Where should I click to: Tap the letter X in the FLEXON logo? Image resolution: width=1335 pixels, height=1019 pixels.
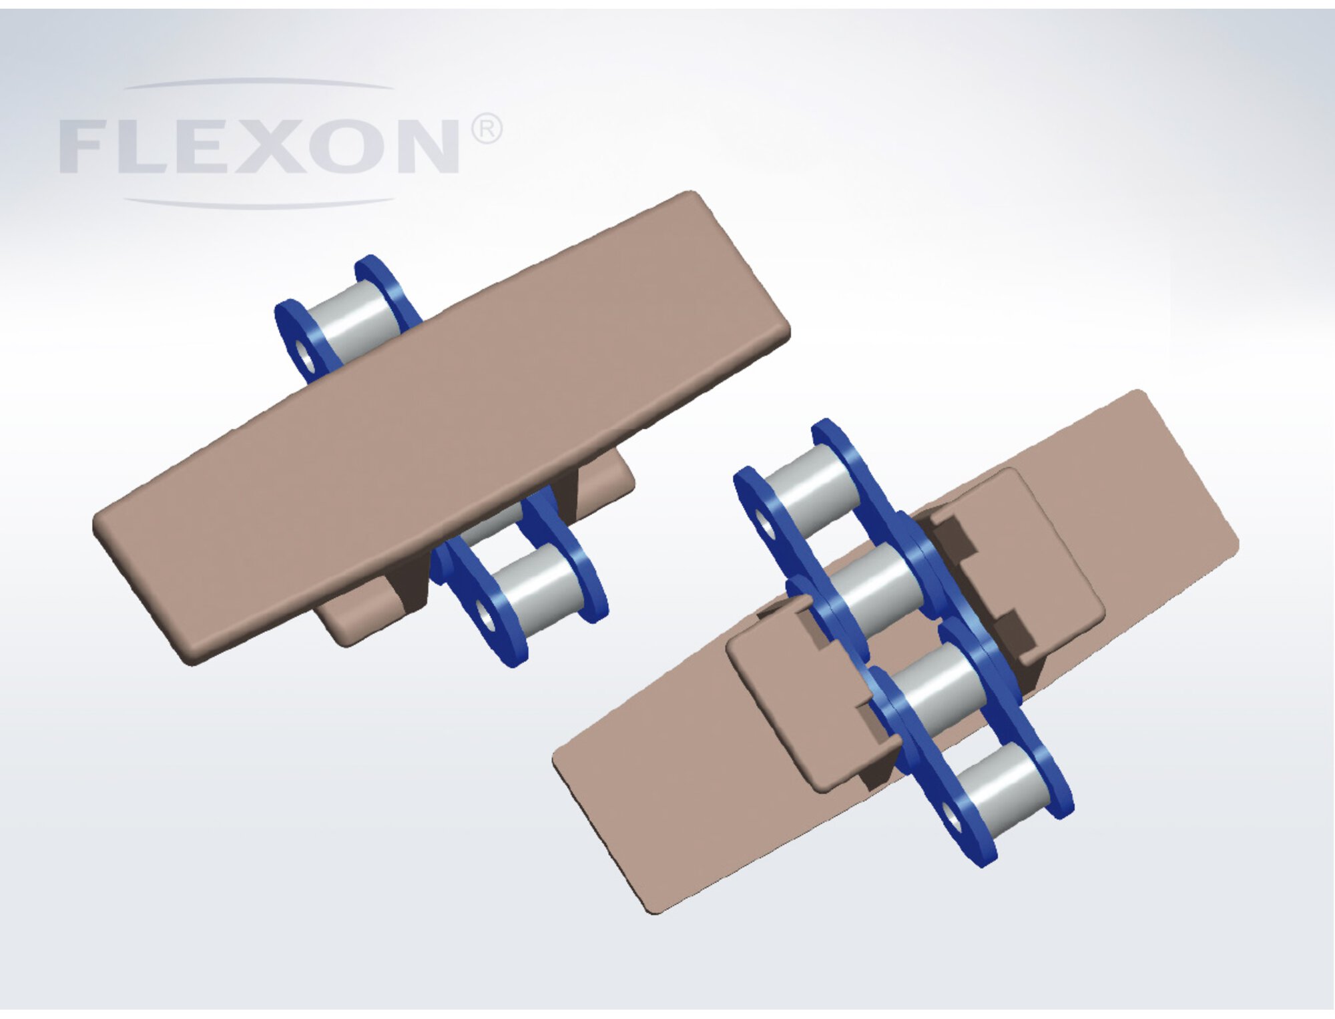[x=270, y=147]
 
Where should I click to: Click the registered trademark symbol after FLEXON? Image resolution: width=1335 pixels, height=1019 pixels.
[x=487, y=129]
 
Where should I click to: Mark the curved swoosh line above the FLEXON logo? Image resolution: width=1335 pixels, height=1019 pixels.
[x=260, y=83]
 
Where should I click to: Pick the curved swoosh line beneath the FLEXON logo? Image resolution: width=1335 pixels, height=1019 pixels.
[x=260, y=202]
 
